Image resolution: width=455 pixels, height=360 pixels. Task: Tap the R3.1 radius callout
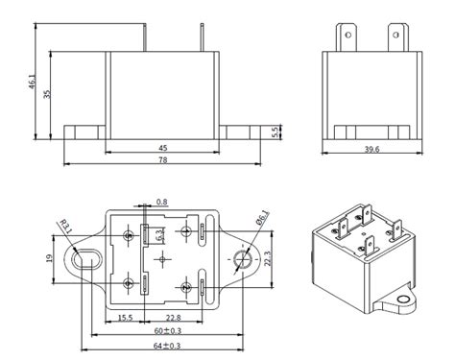(x=64, y=228)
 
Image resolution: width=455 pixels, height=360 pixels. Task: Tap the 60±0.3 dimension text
(x=163, y=330)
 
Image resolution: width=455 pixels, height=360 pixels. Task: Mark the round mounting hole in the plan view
(x=241, y=258)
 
